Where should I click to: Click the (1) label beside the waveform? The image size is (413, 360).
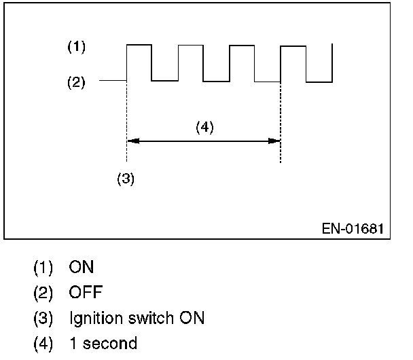pos(75,48)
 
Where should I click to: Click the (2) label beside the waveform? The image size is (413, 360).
pos(75,83)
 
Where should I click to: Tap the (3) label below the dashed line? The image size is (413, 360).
pos(126,179)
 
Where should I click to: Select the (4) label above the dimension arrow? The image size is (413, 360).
pos(204,127)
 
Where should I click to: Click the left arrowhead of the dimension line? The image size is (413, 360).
pos(132,141)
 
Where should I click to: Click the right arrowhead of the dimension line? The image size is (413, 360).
pos(275,141)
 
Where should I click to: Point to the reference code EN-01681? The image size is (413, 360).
pos(353,228)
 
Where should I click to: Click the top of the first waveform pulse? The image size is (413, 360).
pos(139,45)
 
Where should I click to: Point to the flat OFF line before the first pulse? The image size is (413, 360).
pos(113,80)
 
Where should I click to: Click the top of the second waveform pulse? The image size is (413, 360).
pos(191,46)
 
